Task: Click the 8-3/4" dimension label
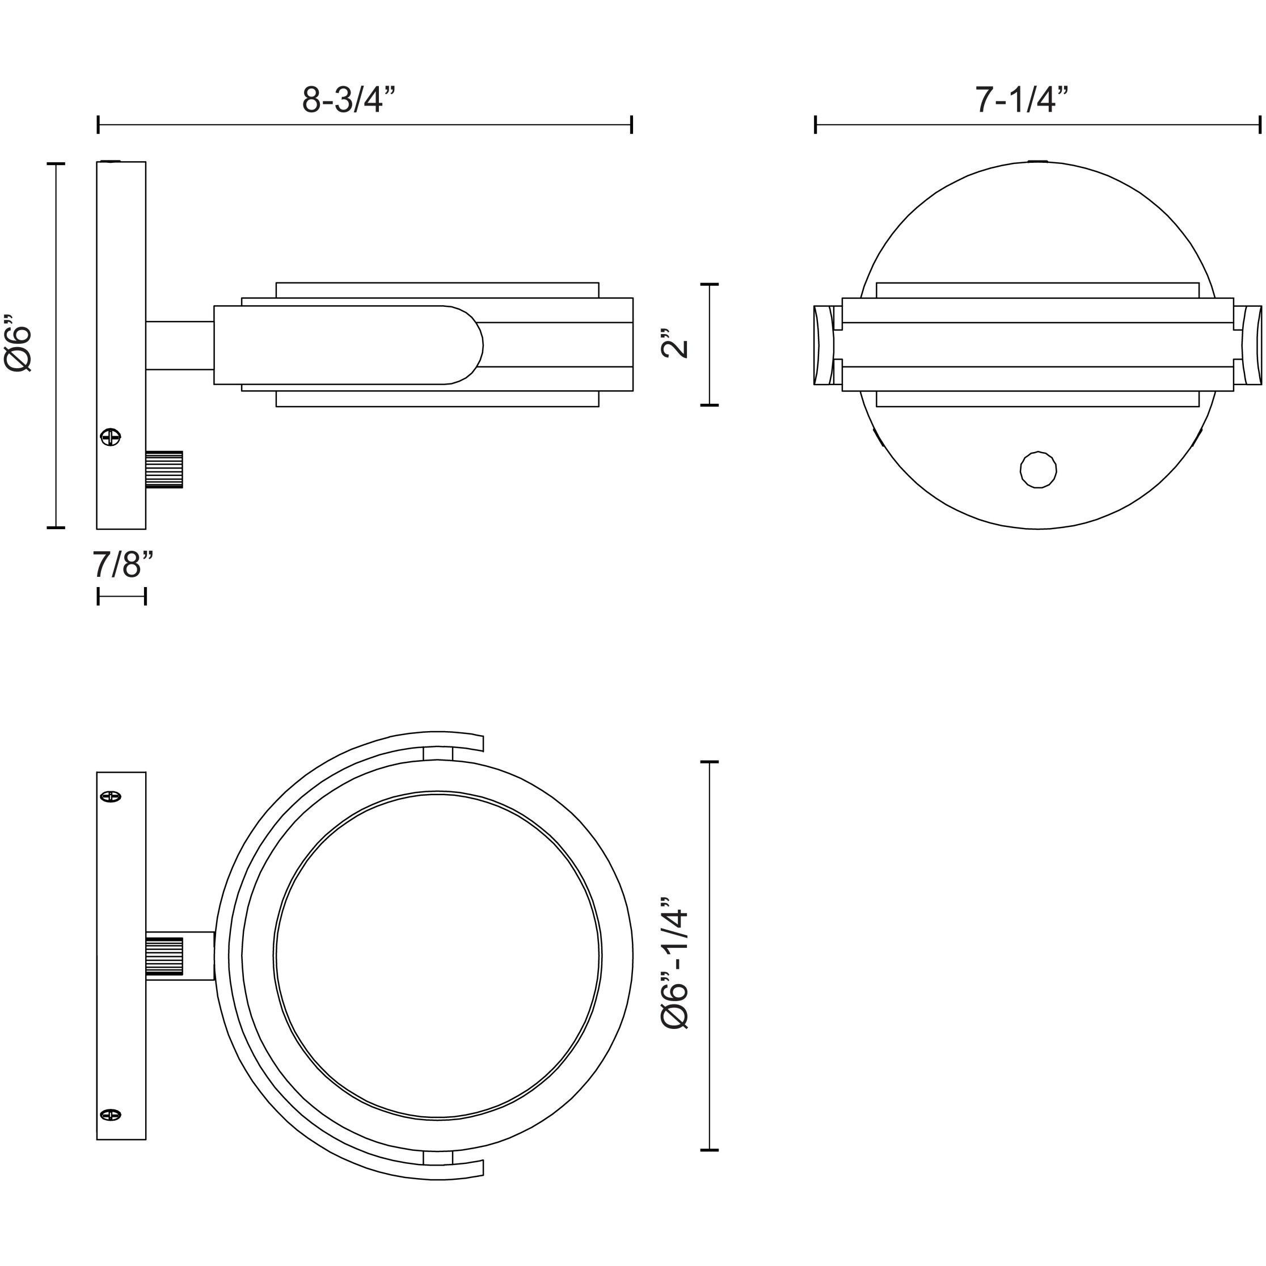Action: (x=349, y=100)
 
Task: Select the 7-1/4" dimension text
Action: (x=1022, y=100)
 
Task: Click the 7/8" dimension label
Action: (x=123, y=565)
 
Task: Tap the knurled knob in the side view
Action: (x=164, y=469)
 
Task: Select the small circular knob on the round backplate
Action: (x=1038, y=469)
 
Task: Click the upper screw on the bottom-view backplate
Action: (x=111, y=797)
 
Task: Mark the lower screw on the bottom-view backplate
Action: (x=111, y=1114)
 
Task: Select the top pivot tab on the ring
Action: (x=437, y=754)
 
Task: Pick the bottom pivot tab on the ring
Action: (x=437, y=1157)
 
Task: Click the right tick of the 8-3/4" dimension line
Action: (x=631, y=124)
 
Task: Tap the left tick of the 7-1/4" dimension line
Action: (x=815, y=124)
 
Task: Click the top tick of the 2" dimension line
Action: (x=710, y=284)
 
